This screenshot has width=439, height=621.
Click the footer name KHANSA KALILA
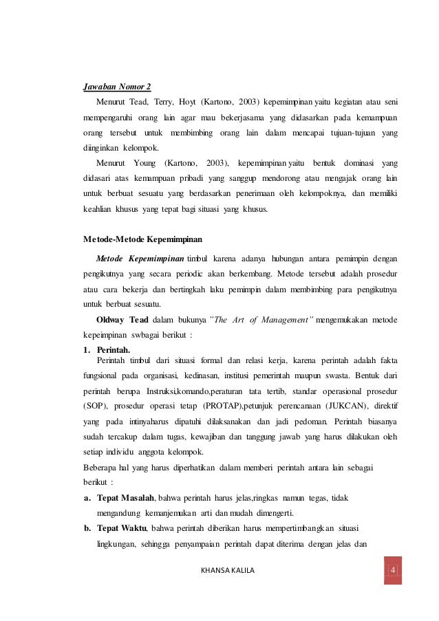[x=226, y=570]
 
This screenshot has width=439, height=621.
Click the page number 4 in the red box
[x=393, y=570]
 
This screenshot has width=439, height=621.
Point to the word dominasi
[x=356, y=163]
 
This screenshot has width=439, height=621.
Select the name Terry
[x=164, y=102]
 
